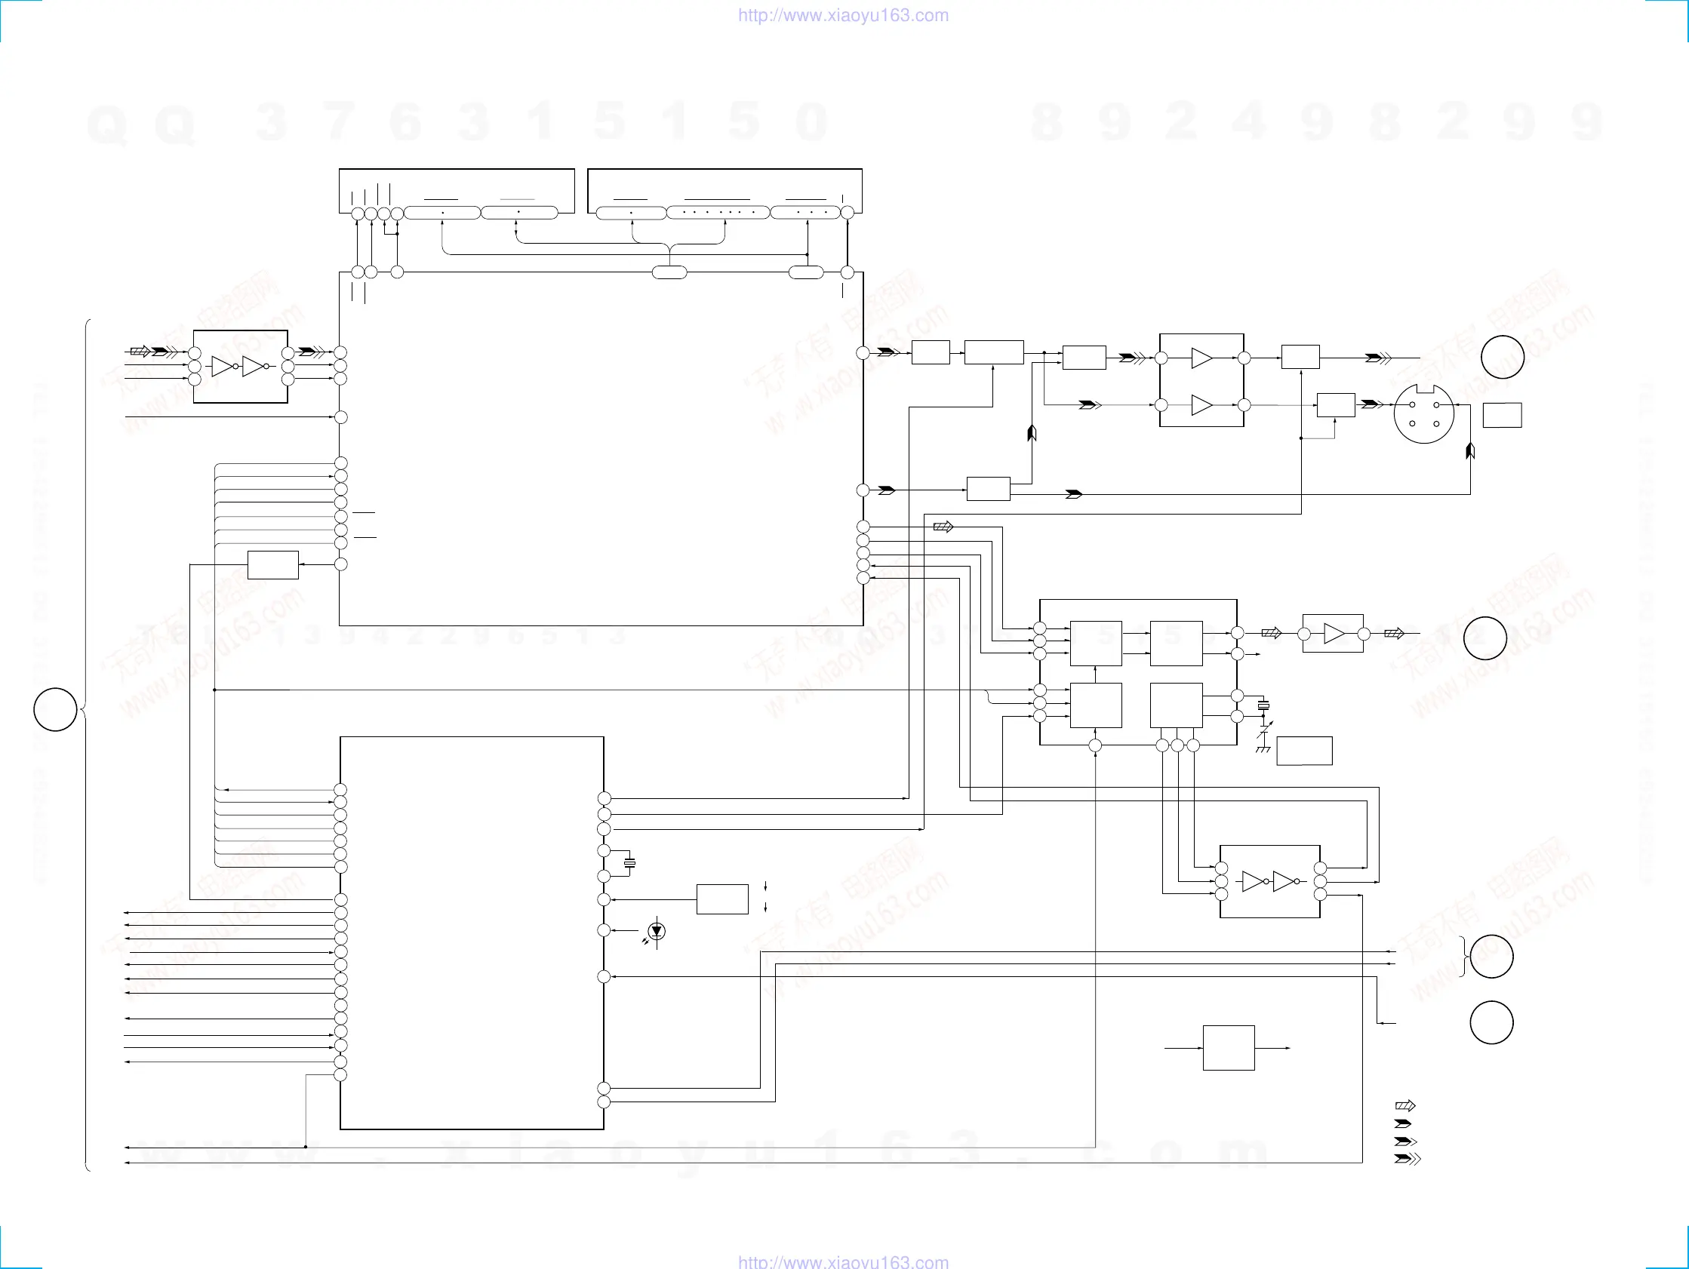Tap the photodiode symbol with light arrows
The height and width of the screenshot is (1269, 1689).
(x=657, y=932)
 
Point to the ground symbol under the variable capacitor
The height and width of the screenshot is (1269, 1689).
(x=1262, y=750)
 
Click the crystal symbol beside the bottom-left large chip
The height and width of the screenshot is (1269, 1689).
(x=629, y=864)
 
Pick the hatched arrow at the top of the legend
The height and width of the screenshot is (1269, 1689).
(x=1405, y=1105)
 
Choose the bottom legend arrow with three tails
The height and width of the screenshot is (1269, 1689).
(x=1407, y=1159)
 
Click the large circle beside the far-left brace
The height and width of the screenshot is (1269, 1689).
(x=55, y=709)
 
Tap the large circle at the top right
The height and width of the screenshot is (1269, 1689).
(x=1502, y=357)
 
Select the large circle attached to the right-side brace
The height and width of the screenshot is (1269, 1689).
(x=1491, y=957)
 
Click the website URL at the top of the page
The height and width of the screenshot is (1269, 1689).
(x=843, y=15)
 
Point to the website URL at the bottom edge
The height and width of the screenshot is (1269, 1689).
(x=843, y=1261)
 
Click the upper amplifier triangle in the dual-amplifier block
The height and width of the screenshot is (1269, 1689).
(x=1201, y=358)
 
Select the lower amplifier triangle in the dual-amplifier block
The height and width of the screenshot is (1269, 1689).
(x=1201, y=404)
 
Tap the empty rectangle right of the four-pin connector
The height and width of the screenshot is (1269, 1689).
(x=1502, y=416)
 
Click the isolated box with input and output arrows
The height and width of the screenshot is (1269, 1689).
(x=1229, y=1048)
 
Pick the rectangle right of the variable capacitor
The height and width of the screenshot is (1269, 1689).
(x=1304, y=751)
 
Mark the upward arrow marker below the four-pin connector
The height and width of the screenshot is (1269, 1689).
(x=1470, y=451)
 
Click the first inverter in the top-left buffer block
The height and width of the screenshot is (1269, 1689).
(x=223, y=367)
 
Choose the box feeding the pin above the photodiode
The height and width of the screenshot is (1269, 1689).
(x=721, y=899)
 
